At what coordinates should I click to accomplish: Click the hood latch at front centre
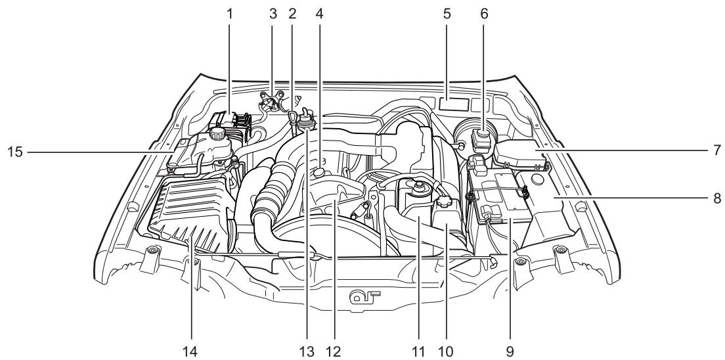(363, 296)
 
